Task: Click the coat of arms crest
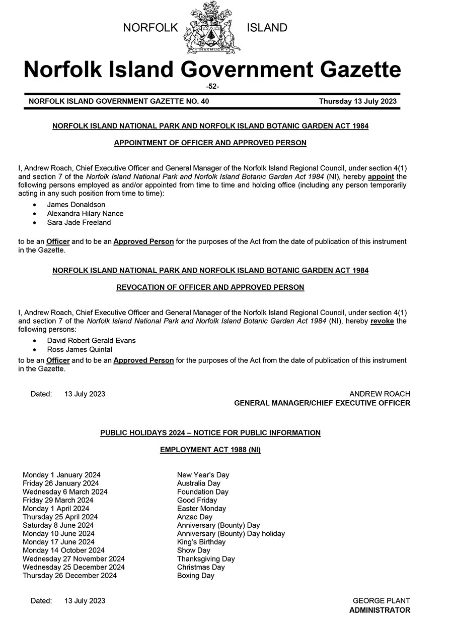coord(212,28)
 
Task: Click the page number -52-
coord(212,86)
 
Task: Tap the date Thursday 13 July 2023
coord(357,101)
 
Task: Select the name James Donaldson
coord(76,205)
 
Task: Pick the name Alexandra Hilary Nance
coord(85,214)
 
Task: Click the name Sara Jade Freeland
coord(79,222)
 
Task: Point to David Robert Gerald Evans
coord(91,341)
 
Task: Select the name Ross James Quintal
coord(80,349)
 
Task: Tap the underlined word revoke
coord(382,321)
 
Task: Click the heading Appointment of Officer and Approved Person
coord(210,143)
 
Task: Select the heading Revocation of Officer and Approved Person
coord(210,287)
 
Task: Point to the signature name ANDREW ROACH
coord(380,394)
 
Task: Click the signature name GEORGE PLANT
coord(381,601)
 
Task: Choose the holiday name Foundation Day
coord(202,492)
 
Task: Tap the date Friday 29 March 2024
coord(58,500)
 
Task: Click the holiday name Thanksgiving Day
coord(206,559)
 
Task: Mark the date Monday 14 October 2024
coord(63,550)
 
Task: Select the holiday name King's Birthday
coord(201,542)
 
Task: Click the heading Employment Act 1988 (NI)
coord(210,450)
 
